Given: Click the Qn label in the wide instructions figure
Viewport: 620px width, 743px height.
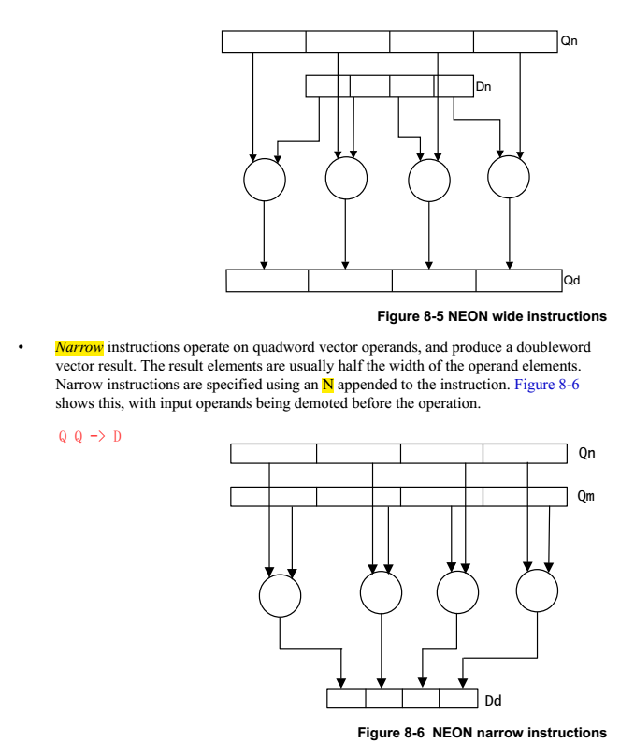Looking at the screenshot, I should point(570,41).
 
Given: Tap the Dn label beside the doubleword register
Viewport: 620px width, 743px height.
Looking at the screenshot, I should point(483,87).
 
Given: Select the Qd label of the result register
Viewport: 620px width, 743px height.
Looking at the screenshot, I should point(571,280).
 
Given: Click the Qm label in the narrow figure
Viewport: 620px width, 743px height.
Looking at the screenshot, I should point(586,496).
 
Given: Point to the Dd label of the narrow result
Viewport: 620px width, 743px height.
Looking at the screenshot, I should point(494,699).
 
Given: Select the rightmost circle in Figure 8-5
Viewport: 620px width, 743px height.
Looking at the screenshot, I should point(509,177).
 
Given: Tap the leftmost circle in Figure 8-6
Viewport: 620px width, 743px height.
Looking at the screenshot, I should point(281,594).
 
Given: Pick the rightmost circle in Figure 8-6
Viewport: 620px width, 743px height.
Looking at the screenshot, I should point(538,592).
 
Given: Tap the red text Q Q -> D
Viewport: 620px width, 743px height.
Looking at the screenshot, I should point(90,436).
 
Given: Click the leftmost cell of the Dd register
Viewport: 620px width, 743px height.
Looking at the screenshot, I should point(346,698).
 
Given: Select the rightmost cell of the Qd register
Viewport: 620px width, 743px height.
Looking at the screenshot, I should point(517,281).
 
